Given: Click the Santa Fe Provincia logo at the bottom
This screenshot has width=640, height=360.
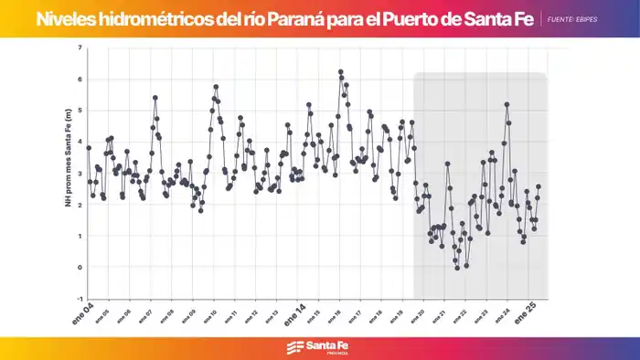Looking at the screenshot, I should pyautogui.click(x=319, y=347).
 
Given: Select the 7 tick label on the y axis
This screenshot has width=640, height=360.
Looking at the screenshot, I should pyautogui.click(x=80, y=48).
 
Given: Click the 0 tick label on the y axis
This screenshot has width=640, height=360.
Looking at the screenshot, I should pyautogui.click(x=80, y=268).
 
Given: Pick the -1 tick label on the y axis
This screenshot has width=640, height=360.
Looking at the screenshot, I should pyautogui.click(x=80, y=299).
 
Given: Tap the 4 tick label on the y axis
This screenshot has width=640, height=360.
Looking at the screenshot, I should pyautogui.click(x=80, y=142).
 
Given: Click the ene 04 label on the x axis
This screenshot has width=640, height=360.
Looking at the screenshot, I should pyautogui.click(x=83, y=315).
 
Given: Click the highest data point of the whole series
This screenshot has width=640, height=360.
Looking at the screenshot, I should pyautogui.click(x=340, y=71).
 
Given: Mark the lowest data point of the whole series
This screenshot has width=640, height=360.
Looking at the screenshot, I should pyautogui.click(x=457, y=267).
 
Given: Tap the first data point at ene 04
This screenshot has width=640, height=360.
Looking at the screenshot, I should pyautogui.click(x=89, y=147).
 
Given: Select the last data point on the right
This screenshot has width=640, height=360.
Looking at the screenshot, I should pyautogui.click(x=539, y=186).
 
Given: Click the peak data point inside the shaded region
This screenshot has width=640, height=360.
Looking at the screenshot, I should pyautogui.click(x=507, y=104).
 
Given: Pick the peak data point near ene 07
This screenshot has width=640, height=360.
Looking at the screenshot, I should pyautogui.click(x=155, y=97).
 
